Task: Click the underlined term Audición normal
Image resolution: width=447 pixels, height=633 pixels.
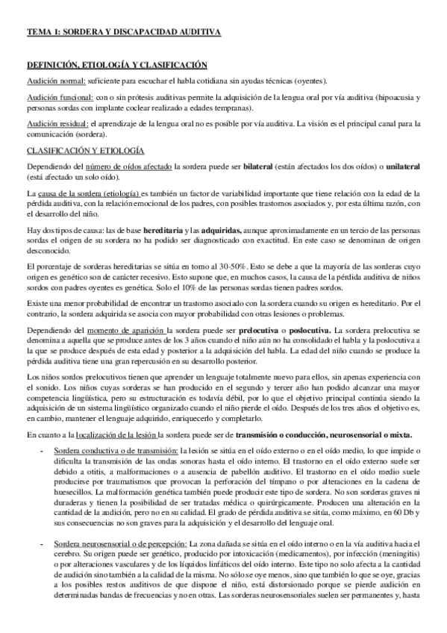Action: (x=56, y=81)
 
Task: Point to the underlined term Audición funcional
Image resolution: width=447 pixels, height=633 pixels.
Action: (x=59, y=98)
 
